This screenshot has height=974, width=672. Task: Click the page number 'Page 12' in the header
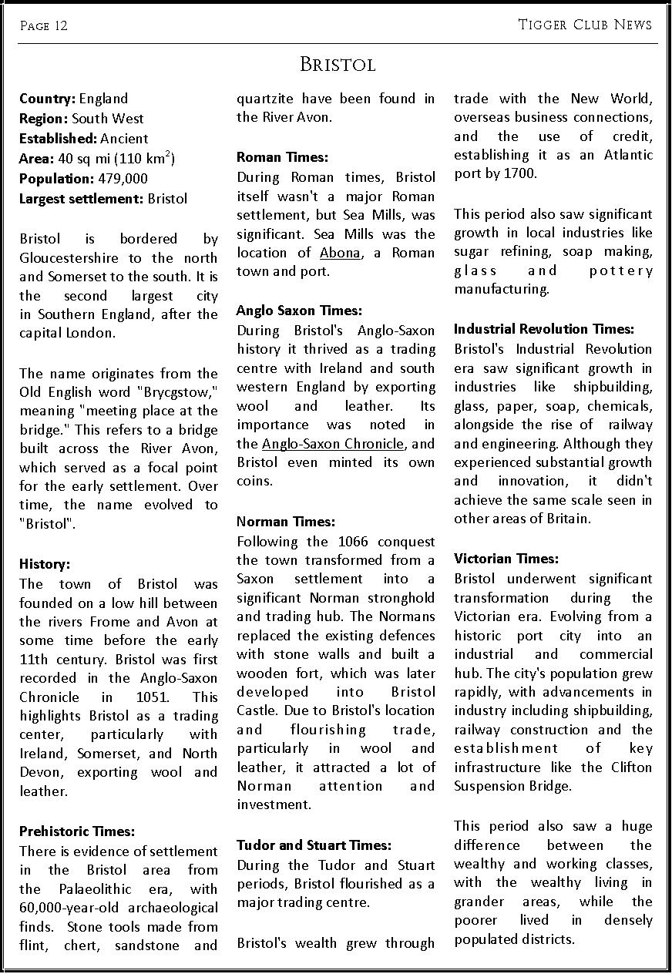(44, 26)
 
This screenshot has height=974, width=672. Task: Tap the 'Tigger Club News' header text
(585, 25)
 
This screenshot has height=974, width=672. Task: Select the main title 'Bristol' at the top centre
(337, 65)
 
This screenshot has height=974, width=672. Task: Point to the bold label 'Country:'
(47, 99)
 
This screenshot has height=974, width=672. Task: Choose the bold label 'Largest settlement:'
(81, 199)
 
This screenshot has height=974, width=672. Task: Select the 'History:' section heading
(45, 564)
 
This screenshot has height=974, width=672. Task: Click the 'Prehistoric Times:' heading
(77, 831)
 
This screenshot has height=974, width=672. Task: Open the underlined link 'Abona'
(340, 253)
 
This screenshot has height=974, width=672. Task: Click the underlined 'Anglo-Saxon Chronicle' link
(333, 444)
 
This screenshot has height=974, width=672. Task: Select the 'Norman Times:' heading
(286, 522)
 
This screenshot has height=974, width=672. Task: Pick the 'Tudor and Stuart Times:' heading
(314, 845)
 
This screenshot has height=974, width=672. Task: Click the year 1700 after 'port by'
(520, 173)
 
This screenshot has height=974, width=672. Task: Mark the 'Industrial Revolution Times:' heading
(544, 329)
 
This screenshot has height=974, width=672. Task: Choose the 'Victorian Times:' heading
(506, 559)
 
